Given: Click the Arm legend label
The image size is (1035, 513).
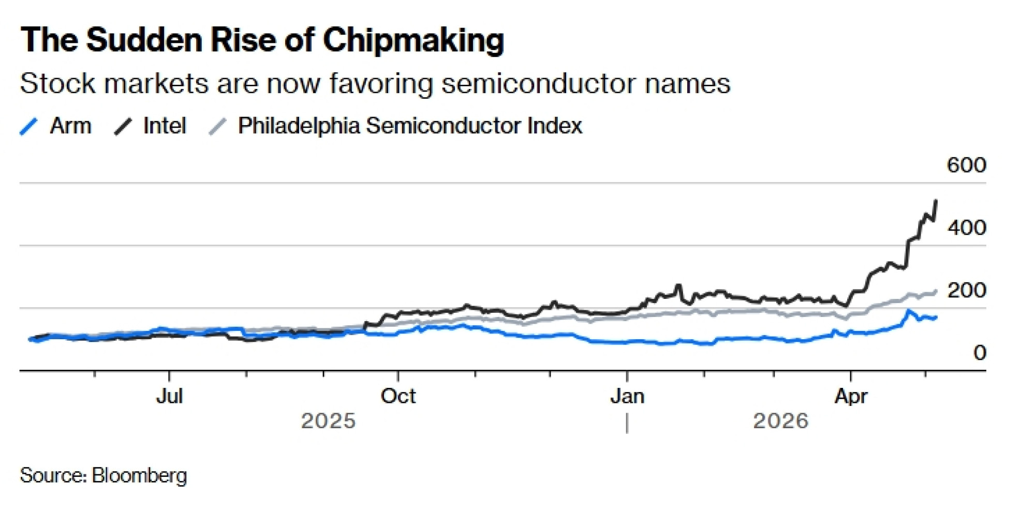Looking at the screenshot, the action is [70, 126].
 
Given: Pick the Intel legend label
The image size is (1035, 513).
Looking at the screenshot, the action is [165, 126].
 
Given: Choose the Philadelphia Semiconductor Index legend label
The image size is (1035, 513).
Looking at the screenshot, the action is [410, 126].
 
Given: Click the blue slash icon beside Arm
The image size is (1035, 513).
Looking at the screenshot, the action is [29, 126].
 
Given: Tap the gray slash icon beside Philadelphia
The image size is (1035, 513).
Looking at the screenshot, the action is [217, 126].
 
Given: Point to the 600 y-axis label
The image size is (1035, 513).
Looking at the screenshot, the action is [966, 165].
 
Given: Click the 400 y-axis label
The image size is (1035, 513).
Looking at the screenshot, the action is [966, 228].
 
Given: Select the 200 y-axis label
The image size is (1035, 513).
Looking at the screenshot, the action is [966, 290].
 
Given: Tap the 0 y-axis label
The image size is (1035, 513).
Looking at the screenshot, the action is [979, 353].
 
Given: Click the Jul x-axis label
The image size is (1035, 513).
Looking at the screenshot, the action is [169, 396].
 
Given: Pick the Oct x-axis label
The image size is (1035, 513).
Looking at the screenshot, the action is [398, 396].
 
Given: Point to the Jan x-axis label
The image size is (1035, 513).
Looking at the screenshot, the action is [627, 396].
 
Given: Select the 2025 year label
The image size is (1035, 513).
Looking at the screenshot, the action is [328, 421].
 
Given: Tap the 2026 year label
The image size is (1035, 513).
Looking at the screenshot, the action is [780, 421].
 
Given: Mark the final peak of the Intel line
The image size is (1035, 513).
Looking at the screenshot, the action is [936, 201].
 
